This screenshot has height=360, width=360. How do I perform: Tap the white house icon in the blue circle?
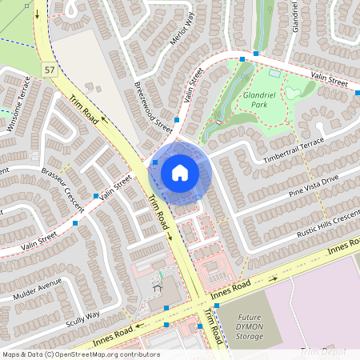coord(179,172)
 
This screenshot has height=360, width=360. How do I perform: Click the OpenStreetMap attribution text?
coord(80,354)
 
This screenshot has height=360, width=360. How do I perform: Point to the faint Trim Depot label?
coord(323,352)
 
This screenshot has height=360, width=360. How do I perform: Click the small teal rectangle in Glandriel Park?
coord(275,74)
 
